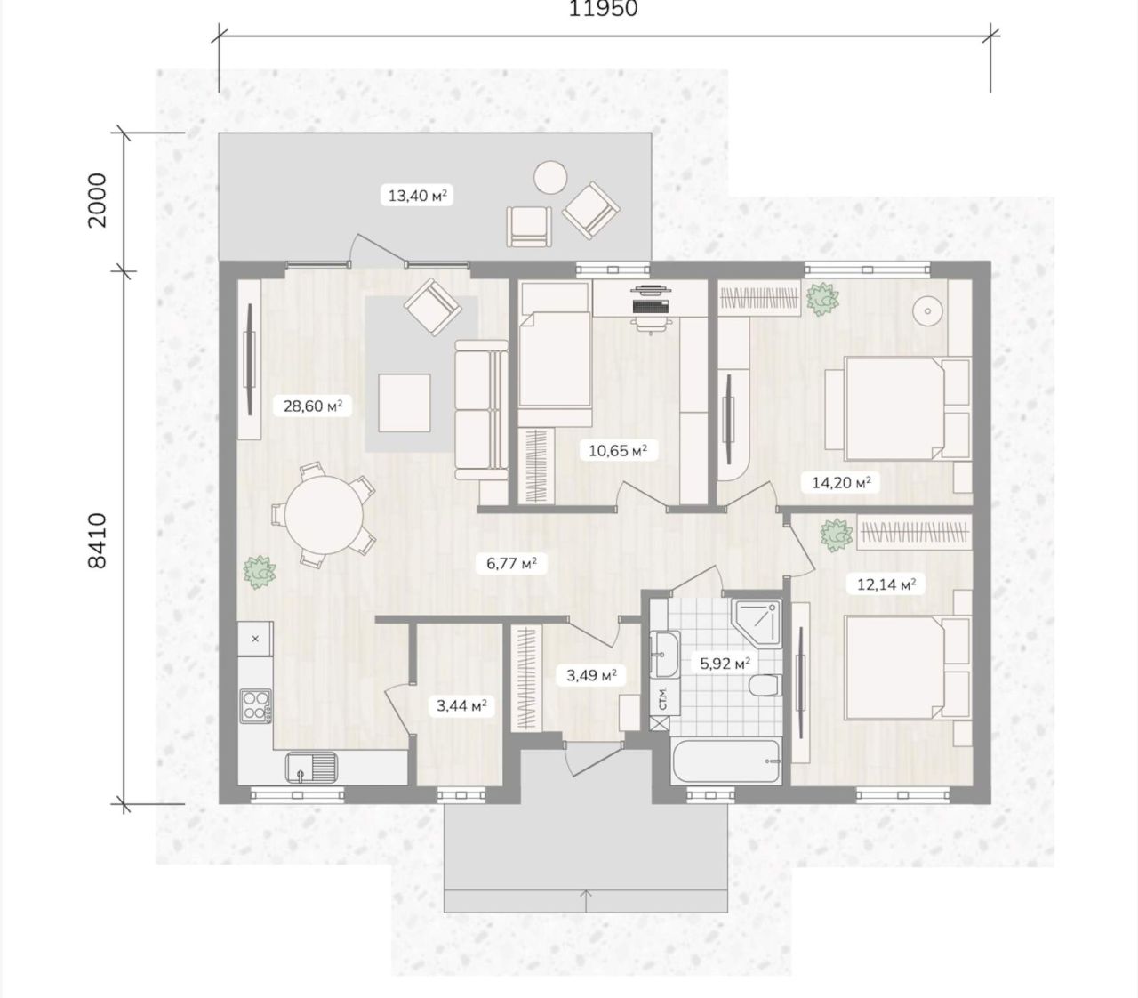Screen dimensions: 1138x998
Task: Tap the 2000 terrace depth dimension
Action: [x=97, y=200]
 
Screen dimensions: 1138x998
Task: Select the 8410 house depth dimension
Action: [x=97, y=541]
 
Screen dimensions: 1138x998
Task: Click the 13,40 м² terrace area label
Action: [x=417, y=196]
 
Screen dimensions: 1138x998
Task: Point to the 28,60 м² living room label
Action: [x=313, y=405]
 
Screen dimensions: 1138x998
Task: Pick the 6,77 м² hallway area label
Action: [x=511, y=562]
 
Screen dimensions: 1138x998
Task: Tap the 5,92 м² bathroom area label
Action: [x=725, y=664]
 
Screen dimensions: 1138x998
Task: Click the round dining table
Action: [x=325, y=515]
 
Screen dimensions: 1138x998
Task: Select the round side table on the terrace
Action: [x=550, y=178]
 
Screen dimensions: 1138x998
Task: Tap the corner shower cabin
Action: [x=757, y=624]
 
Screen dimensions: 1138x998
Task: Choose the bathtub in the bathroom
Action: [x=725, y=761]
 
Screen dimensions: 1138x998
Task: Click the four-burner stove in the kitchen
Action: [x=256, y=705]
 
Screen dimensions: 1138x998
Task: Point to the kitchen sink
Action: [x=312, y=768]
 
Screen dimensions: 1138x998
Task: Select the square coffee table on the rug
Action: [x=404, y=403]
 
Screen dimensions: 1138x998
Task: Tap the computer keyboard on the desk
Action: [x=650, y=307]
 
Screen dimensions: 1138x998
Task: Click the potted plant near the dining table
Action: [x=259, y=572]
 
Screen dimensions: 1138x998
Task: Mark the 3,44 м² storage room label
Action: [x=461, y=705]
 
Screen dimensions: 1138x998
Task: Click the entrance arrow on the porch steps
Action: [x=586, y=901]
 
